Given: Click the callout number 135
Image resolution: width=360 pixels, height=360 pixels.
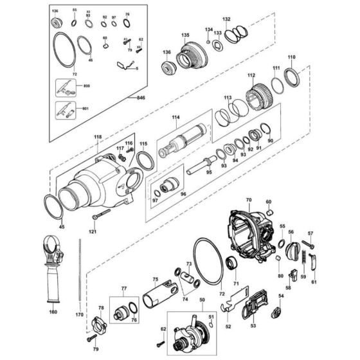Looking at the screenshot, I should coord(185,34).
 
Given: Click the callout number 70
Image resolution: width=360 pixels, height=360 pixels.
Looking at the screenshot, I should coord(249,201).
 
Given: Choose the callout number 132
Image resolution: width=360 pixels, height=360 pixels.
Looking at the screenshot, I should coord(226,20).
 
